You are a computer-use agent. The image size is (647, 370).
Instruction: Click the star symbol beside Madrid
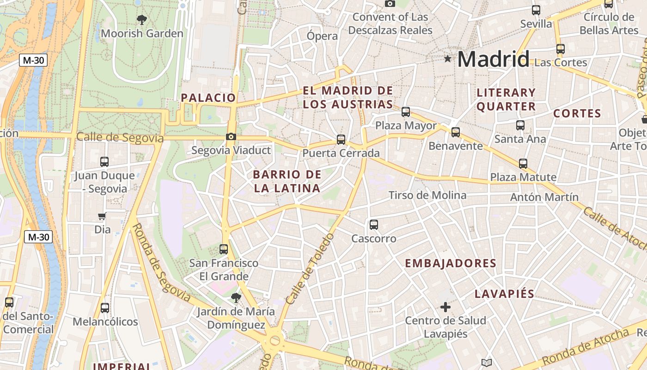click(447, 59)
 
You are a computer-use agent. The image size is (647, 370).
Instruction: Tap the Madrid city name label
click(493, 59)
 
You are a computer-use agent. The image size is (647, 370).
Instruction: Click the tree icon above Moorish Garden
click(142, 20)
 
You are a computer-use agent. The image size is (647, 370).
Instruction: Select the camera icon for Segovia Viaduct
click(231, 136)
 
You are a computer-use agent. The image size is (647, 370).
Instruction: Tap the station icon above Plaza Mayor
click(406, 111)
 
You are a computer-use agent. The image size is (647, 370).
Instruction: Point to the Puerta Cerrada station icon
click(341, 139)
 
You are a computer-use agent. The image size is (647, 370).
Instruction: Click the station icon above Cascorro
click(374, 225)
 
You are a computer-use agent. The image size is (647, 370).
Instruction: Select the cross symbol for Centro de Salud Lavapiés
click(446, 307)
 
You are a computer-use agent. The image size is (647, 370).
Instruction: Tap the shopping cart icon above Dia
click(102, 216)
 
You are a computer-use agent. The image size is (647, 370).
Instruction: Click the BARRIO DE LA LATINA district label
click(287, 181)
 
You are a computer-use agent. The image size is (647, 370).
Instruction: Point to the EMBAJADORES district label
click(451, 264)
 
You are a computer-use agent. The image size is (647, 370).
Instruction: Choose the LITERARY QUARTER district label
click(506, 99)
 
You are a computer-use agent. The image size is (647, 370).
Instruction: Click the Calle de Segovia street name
click(120, 137)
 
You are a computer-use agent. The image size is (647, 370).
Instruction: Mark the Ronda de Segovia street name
click(161, 262)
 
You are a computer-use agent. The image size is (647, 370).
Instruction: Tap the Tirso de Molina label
click(427, 195)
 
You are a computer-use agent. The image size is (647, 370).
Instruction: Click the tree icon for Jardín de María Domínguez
click(236, 297)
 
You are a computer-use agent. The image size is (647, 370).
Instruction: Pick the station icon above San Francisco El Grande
click(224, 249)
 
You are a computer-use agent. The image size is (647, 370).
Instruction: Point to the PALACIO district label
click(208, 98)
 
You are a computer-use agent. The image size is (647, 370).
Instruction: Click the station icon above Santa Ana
click(520, 125)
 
